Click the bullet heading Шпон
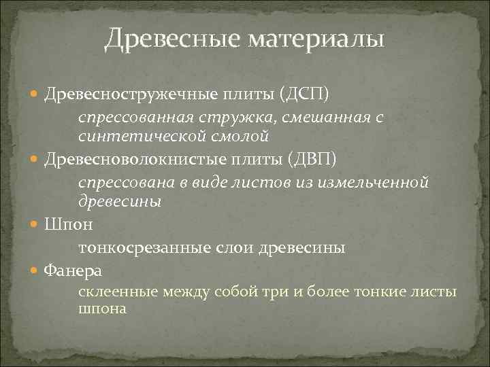pyautogui.click(x=69, y=224)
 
